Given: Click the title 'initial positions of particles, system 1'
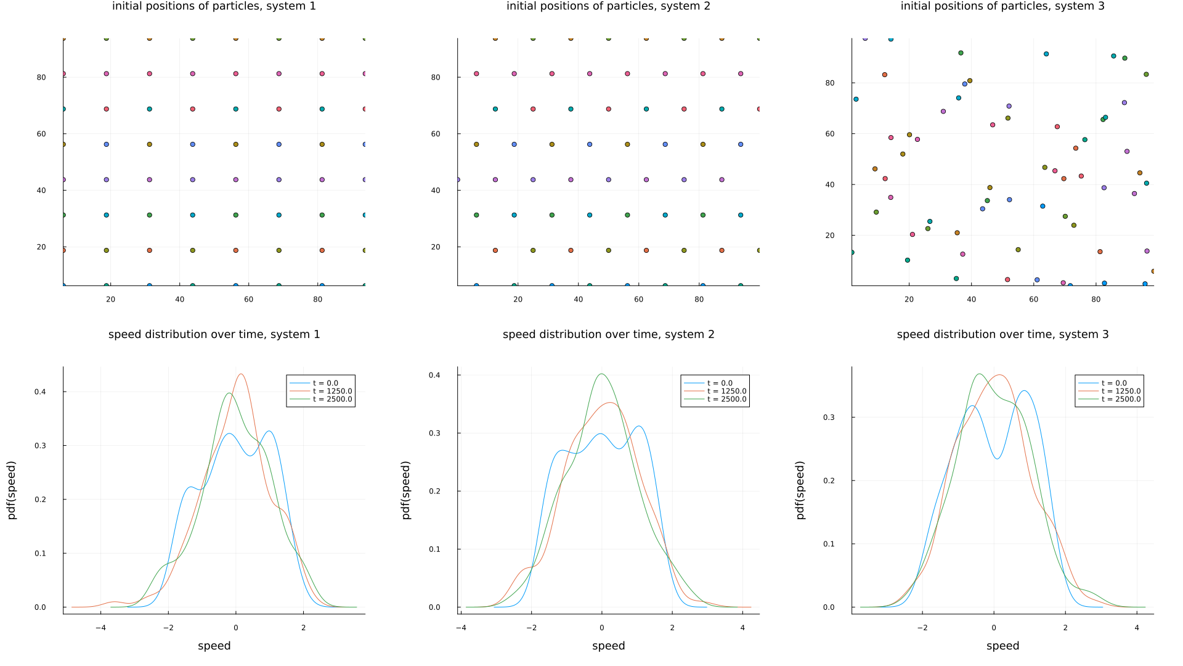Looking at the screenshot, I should [214, 6].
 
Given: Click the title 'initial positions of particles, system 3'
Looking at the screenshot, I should [1002, 6].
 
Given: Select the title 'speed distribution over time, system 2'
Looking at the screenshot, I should [608, 334].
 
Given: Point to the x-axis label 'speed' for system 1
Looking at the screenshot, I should [214, 646].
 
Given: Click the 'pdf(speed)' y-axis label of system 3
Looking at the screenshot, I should [800, 490].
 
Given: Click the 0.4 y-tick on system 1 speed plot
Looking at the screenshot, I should [39, 392].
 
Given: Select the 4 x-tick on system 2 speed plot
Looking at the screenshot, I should [742, 628].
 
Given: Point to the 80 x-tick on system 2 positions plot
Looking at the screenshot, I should [699, 299].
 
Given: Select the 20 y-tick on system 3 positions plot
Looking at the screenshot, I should [830, 236].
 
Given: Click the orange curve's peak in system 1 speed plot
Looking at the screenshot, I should [241, 374].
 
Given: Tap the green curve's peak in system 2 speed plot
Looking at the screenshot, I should [601, 374].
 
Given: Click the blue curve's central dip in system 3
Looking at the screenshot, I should [997, 458].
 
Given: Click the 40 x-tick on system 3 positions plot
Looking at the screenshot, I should [972, 299].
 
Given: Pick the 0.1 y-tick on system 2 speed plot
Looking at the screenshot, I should [434, 549].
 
